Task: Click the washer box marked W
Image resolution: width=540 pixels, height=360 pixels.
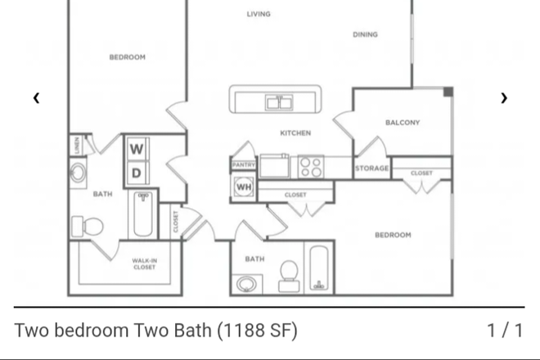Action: pyautogui.click(x=137, y=149)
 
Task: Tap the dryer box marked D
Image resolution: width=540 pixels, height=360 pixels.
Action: pyautogui.click(x=137, y=173)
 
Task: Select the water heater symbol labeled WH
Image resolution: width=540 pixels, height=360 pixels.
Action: pyautogui.click(x=244, y=187)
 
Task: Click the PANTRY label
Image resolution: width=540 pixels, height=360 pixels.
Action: pyautogui.click(x=244, y=165)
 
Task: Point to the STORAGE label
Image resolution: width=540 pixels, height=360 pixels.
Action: pyautogui.click(x=372, y=169)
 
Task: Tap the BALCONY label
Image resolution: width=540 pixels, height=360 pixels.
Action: pyautogui.click(x=403, y=123)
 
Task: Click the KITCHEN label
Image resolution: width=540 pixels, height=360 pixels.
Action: pyautogui.click(x=295, y=133)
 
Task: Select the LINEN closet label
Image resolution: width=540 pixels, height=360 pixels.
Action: pyautogui.click(x=77, y=146)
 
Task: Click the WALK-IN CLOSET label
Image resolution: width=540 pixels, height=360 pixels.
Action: pyautogui.click(x=144, y=264)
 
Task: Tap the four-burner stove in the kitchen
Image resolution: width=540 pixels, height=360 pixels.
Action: pyautogui.click(x=311, y=167)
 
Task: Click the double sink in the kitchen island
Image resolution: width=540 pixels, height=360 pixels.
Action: pyautogui.click(x=279, y=102)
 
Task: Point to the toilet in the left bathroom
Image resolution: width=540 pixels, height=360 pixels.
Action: pyautogui.click(x=88, y=227)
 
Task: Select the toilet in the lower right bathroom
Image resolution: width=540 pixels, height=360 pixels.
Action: pyautogui.click(x=289, y=276)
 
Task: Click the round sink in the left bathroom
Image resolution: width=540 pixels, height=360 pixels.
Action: pyautogui.click(x=79, y=173)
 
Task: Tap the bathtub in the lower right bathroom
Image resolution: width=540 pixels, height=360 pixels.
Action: pyautogui.click(x=319, y=268)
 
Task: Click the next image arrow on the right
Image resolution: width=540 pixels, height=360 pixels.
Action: pyautogui.click(x=504, y=98)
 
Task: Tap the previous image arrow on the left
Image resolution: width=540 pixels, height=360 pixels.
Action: pyautogui.click(x=36, y=98)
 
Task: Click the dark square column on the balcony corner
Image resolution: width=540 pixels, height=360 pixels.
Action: pyautogui.click(x=448, y=92)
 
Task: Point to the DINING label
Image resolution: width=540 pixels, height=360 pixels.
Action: pyautogui.click(x=365, y=34)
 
